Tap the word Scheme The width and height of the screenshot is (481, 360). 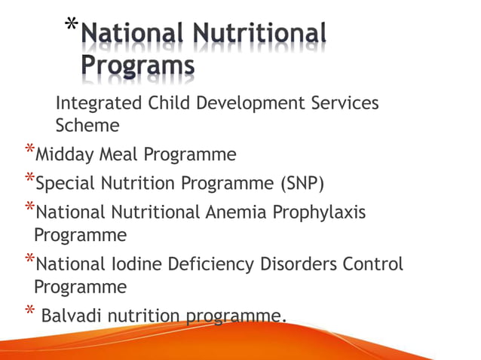(x=87, y=125)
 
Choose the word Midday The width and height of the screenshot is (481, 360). (x=65, y=155)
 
